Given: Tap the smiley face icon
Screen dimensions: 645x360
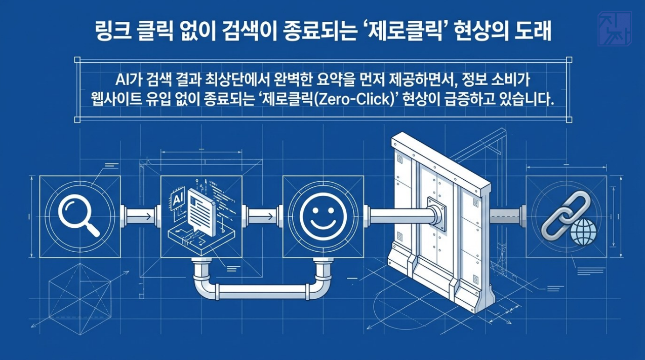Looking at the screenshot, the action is pyautogui.click(x=322, y=217).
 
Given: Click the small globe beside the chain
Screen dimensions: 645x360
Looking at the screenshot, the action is pyautogui.click(x=583, y=232).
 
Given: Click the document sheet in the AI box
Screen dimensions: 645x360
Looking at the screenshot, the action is pyautogui.click(x=201, y=213).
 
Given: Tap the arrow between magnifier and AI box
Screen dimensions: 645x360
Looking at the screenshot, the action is pyautogui.click(x=141, y=217).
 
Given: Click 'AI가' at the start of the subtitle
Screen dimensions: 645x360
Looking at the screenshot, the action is pyautogui.click(x=129, y=80).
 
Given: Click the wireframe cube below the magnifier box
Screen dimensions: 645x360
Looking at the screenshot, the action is pyautogui.click(x=80, y=300).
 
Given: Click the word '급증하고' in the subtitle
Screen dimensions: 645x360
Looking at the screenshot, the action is pyautogui.click(x=463, y=100).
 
